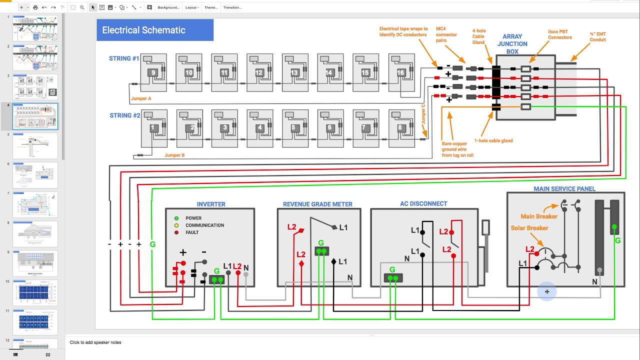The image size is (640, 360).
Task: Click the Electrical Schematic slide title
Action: click(143, 30)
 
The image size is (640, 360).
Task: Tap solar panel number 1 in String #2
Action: click(153, 128)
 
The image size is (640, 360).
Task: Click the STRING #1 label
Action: click(124, 58)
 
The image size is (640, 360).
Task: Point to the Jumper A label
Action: click(141, 98)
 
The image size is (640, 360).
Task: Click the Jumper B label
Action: click(174, 155)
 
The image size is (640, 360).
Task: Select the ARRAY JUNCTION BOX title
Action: click(512, 44)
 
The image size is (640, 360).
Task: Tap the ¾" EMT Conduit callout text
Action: click(597, 37)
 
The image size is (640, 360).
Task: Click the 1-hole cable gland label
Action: click(493, 140)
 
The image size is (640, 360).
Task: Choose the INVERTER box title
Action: click(211, 204)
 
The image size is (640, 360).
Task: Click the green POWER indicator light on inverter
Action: click(176, 218)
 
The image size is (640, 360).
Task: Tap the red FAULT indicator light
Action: click(176, 232)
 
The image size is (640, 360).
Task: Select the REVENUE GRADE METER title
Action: click(317, 204)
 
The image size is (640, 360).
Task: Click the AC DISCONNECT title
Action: click(423, 203)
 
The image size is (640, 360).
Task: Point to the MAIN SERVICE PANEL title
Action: click(564, 188)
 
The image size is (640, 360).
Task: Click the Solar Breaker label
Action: click(529, 228)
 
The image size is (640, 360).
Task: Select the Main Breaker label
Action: click(538, 216)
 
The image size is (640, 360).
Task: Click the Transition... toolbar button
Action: click(232, 7)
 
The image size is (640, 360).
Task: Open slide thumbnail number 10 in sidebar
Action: click(34, 292)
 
